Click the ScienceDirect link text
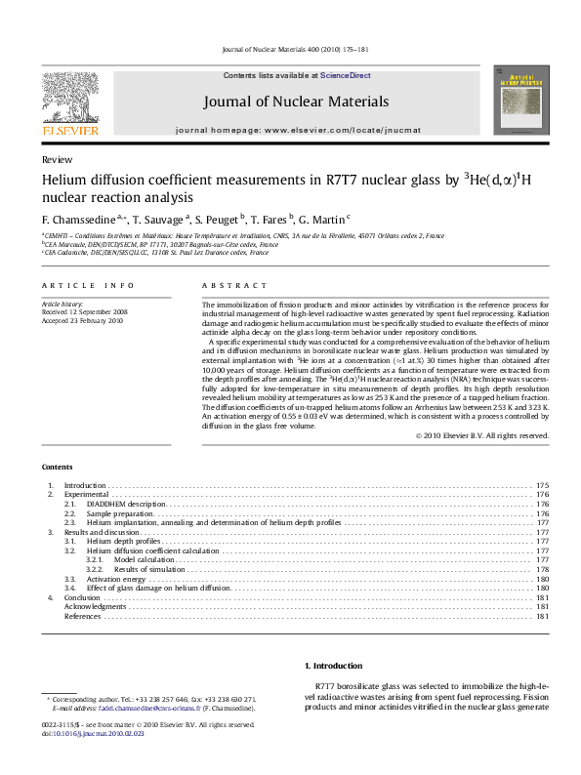click(x=346, y=75)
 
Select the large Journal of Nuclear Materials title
click(x=296, y=102)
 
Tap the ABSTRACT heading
click(x=234, y=285)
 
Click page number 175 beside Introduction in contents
click(x=542, y=485)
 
